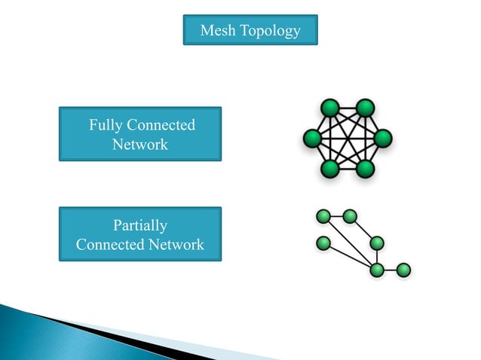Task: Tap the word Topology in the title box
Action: (x=269, y=32)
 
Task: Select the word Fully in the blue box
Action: (x=106, y=125)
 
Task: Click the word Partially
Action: (x=140, y=225)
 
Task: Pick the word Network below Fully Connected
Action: (x=140, y=144)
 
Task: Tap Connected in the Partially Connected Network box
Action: (x=110, y=245)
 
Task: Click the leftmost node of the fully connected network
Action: (x=311, y=139)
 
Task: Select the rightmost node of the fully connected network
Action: (x=383, y=139)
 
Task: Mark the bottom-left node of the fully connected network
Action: (x=329, y=169)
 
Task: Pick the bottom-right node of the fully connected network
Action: (x=366, y=169)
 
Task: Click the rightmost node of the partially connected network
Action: (x=403, y=269)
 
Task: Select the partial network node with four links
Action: (x=378, y=269)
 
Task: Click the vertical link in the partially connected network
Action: (x=378, y=256)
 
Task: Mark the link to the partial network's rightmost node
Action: (x=391, y=269)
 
